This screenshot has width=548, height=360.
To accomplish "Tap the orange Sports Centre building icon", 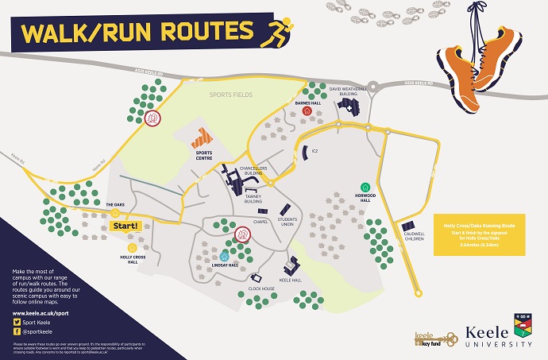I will (202, 137).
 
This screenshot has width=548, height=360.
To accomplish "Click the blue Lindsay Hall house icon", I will (225, 257).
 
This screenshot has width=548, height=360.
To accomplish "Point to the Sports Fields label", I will (230, 95).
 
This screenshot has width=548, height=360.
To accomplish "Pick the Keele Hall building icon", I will (291, 265).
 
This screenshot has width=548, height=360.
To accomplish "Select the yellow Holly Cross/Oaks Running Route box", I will (480, 234).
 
